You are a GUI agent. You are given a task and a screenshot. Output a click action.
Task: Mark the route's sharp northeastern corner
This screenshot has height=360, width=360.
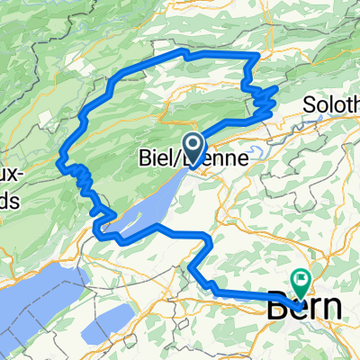(258, 56)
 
